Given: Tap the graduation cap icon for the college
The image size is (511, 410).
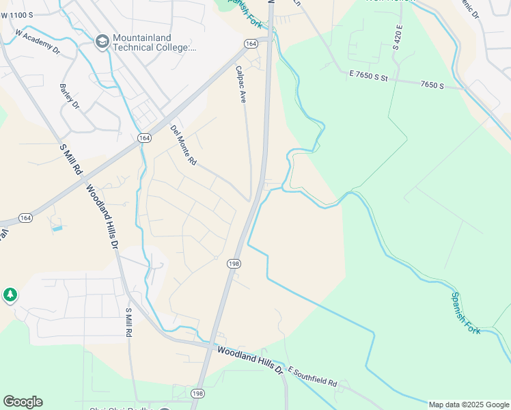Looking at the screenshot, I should coord(102,42).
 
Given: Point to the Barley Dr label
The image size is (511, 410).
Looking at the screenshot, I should coord(70,96).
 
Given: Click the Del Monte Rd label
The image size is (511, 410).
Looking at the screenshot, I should coord(183,146).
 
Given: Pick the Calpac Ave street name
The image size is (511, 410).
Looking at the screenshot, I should coord(240,84).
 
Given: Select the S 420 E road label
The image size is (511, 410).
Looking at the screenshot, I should coord(398,37).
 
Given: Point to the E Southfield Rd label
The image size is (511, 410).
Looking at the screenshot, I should coord(313,376).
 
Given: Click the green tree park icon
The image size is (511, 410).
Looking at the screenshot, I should coord(10,295).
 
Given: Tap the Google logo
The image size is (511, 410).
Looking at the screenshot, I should coord(23,402).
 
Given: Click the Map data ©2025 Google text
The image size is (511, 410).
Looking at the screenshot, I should coord(469,405).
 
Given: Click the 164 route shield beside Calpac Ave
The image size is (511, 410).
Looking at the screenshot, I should coord(251,44).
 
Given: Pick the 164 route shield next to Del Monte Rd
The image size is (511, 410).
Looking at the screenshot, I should coord(143,137).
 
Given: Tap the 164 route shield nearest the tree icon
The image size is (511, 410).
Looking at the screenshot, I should coord(25,218).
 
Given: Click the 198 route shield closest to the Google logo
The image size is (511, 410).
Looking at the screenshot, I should coord(198,393).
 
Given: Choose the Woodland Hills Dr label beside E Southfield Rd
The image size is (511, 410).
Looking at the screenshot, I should coord(249,359).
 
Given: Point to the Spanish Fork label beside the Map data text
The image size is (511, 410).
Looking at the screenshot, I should coord(465,313).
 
